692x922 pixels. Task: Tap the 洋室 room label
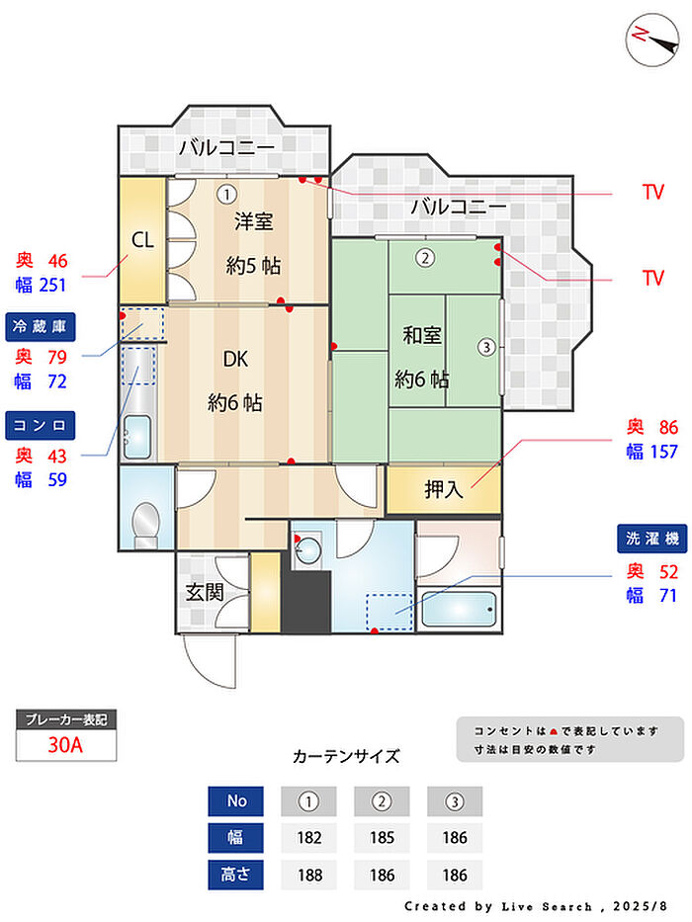point(253,221)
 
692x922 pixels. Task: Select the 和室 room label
point(422,336)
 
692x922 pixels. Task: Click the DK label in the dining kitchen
point(234,360)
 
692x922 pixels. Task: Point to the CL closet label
point(142,240)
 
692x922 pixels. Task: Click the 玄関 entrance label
point(205,593)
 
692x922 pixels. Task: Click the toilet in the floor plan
point(146,521)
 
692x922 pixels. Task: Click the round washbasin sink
point(310,549)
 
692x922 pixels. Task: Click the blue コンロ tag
point(41,425)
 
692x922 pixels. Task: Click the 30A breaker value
point(66,745)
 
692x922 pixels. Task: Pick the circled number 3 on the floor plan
point(485,347)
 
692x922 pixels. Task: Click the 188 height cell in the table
point(309,876)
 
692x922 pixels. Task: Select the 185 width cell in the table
point(382,838)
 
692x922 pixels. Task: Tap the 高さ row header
point(236,876)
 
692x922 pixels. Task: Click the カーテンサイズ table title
point(346,757)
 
